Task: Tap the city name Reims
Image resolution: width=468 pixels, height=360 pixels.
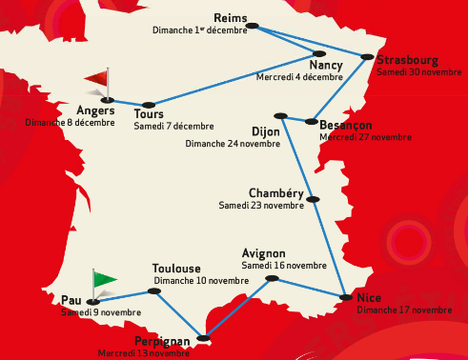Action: click(x=232, y=18)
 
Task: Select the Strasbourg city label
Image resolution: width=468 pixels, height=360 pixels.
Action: click(x=407, y=60)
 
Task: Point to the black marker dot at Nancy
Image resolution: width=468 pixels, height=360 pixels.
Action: click(x=318, y=53)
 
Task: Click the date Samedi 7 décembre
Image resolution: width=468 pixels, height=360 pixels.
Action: click(x=173, y=126)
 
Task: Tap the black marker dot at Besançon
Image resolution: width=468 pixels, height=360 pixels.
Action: click(x=311, y=121)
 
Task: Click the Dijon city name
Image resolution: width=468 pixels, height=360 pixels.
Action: click(x=265, y=130)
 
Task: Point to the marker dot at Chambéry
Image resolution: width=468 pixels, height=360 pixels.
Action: click(x=312, y=198)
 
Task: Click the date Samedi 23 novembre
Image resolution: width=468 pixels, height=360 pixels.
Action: click(x=261, y=205)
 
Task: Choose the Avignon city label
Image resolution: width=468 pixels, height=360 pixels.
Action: click(x=264, y=253)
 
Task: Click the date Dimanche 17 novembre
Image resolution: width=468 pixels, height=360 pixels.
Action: click(x=405, y=310)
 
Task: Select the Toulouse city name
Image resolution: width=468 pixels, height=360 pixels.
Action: click(x=176, y=270)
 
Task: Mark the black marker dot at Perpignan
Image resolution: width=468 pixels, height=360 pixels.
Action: click(x=202, y=336)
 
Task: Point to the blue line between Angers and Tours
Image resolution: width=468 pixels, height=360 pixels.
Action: click(x=126, y=101)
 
